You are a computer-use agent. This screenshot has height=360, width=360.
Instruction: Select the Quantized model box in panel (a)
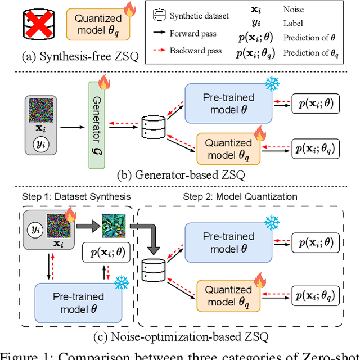[98, 25]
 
